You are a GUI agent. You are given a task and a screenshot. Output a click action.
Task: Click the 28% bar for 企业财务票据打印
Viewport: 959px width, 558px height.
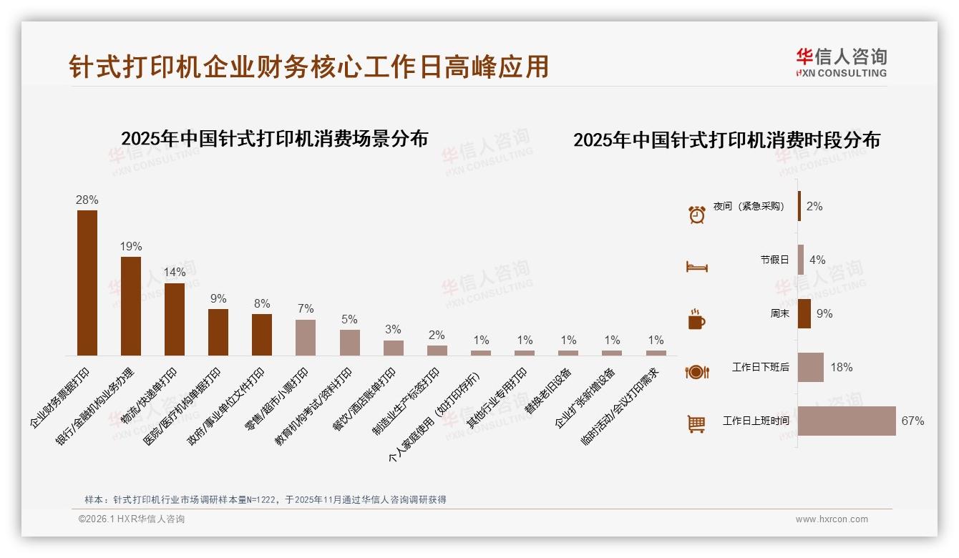pyautogui.click(x=87, y=283)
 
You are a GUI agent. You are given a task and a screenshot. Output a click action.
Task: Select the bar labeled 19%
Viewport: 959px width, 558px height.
pyautogui.click(x=131, y=305)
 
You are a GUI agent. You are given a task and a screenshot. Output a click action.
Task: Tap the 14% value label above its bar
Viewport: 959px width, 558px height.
pyautogui.click(x=175, y=273)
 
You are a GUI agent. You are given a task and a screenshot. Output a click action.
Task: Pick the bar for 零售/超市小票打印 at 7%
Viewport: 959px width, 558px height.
pyautogui.click(x=306, y=337)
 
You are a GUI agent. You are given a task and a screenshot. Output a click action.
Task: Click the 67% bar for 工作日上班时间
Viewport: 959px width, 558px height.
pyautogui.click(x=847, y=421)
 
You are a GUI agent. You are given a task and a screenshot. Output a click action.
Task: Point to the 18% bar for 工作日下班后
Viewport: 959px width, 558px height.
pyautogui.click(x=811, y=367)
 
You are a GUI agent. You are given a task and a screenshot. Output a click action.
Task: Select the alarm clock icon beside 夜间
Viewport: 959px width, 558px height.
pyautogui.click(x=697, y=214)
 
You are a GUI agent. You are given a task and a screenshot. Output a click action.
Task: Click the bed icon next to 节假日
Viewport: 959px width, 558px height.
pyautogui.click(x=697, y=267)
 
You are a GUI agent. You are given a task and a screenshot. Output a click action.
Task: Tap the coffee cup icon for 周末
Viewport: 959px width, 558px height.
pyautogui.click(x=697, y=319)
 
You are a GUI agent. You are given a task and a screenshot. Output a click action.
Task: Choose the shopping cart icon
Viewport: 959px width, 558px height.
pyautogui.click(x=697, y=424)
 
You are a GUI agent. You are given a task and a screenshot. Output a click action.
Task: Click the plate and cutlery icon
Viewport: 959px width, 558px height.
pyautogui.click(x=697, y=371)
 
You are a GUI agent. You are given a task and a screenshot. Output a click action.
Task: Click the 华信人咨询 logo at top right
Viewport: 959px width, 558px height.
pyautogui.click(x=841, y=62)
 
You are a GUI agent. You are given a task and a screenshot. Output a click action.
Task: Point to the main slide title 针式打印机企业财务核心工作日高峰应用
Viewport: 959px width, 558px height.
pyautogui.click(x=309, y=67)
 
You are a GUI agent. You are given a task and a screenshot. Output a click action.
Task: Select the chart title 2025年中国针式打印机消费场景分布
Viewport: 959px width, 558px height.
pyautogui.click(x=274, y=138)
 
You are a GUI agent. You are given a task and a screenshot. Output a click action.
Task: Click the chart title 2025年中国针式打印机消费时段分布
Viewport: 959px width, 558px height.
pyautogui.click(x=726, y=139)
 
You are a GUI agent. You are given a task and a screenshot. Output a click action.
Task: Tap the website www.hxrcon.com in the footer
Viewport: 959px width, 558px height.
pyautogui.click(x=832, y=519)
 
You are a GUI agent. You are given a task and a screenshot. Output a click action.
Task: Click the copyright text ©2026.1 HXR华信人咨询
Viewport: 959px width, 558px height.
pyautogui.click(x=132, y=519)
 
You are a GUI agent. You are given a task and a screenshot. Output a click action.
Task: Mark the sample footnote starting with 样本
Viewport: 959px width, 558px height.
pyautogui.click(x=266, y=499)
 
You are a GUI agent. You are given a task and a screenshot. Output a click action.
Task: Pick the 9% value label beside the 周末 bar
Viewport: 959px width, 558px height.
pyautogui.click(x=824, y=313)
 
